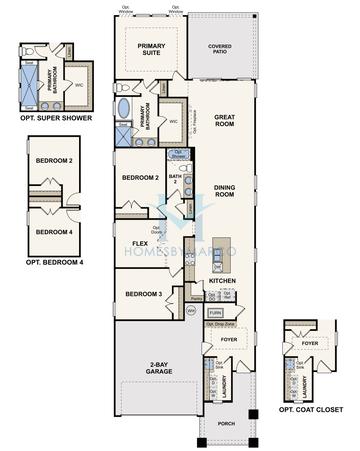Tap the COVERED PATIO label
(219, 47)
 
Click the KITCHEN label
(222, 282)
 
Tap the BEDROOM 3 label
(145, 294)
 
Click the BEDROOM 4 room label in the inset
(52, 232)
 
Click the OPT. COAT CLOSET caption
(309, 411)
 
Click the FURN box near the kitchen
(215, 313)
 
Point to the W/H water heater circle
(193, 311)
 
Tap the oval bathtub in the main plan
(124, 107)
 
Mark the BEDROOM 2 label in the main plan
(141, 177)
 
